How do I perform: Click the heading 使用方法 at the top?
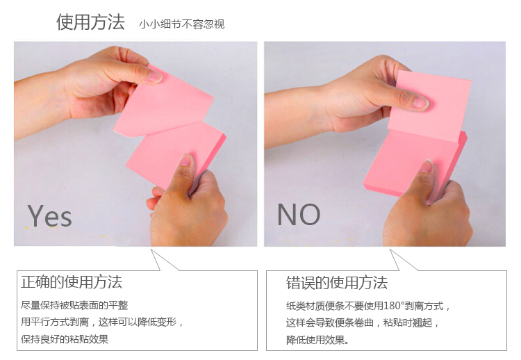(90, 22)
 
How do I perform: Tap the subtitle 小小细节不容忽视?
(182, 24)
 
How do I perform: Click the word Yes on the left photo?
(49, 215)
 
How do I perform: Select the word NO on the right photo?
(299, 215)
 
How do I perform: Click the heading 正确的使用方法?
(72, 282)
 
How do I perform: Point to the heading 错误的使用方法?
(337, 283)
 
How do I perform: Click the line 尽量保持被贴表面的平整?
(74, 305)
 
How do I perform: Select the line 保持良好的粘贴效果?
(65, 339)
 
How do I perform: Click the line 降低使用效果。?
(317, 340)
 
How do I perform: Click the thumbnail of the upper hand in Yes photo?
(154, 76)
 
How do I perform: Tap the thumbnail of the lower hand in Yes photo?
(186, 160)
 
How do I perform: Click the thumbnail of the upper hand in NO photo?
(420, 102)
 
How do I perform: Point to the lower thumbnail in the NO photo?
(427, 165)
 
